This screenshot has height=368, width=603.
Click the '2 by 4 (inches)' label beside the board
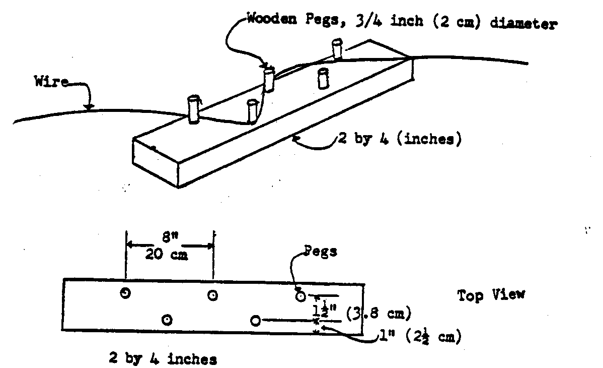pyautogui.click(x=400, y=139)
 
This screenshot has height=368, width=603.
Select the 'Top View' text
pyautogui.click(x=491, y=294)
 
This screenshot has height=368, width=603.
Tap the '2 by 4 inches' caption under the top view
pyautogui.click(x=163, y=359)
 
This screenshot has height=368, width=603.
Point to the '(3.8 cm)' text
pyautogui.click(x=378, y=314)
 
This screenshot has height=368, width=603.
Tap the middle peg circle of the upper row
pyautogui.click(x=213, y=296)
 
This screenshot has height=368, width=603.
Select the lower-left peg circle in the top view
pyautogui.click(x=167, y=319)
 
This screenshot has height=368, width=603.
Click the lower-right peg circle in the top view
pyautogui.click(x=256, y=320)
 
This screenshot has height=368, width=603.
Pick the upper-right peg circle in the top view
pyautogui.click(x=300, y=296)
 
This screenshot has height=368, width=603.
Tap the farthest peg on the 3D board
pyautogui.click(x=337, y=49)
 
